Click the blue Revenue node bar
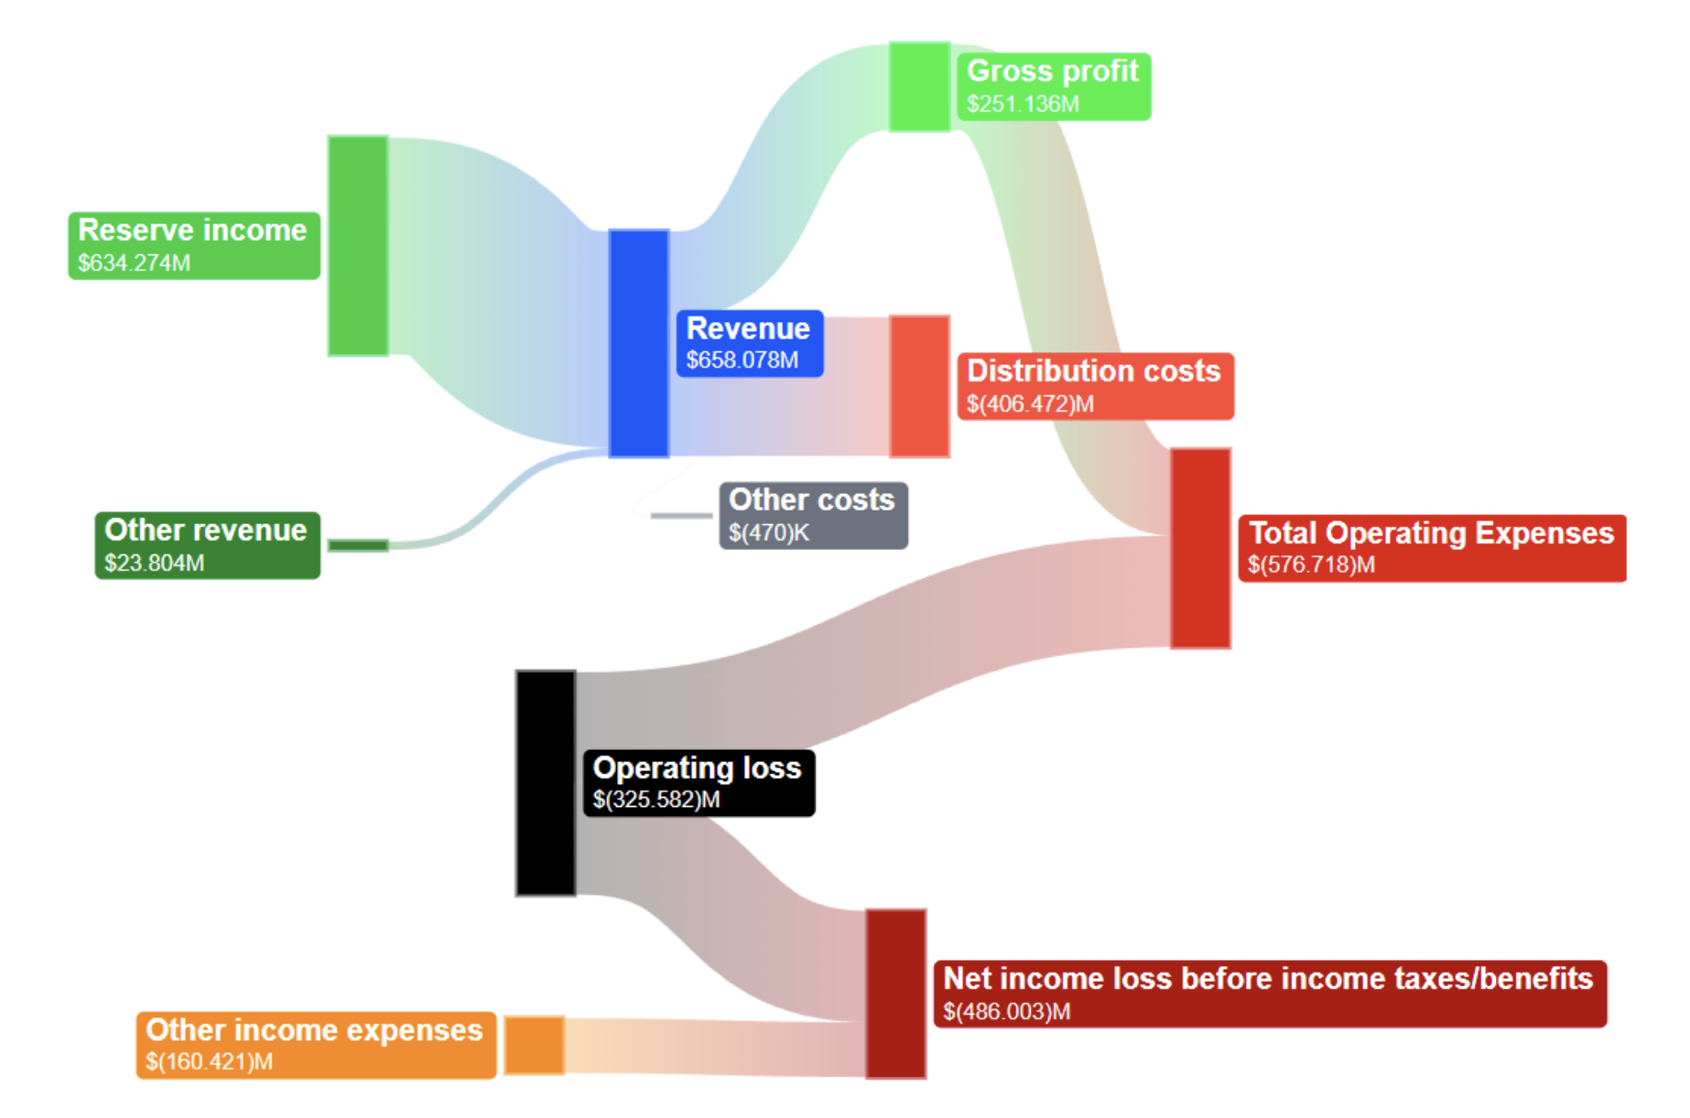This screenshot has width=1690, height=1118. pos(639,343)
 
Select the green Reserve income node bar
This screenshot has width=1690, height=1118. pos(358,245)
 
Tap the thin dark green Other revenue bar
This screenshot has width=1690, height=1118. pos(358,545)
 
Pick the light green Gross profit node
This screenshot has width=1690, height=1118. pos(919,87)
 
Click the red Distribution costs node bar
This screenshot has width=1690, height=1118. pos(919,386)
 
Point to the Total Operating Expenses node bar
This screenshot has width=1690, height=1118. pos(1200,548)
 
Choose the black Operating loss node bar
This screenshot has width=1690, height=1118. pos(546,782)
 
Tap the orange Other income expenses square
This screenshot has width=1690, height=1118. pos(535,1045)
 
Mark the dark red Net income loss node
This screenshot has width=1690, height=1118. pos(896,994)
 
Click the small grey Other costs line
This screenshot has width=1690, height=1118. pos(681,516)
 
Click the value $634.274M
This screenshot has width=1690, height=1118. pos(135,263)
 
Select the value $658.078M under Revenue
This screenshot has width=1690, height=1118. pos(742,360)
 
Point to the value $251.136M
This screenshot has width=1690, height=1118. pos(1024,104)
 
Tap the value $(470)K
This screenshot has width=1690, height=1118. pos(769,532)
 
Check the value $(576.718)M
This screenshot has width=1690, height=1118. pos(1311,564)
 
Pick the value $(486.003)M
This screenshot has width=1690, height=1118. pos(1007,1012)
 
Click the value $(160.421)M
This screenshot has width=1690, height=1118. pos(210,1062)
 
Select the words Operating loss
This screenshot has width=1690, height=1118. pos(697,768)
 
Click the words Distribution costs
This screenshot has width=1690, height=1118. pos(1094,371)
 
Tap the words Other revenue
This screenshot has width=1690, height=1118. pos(206,530)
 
